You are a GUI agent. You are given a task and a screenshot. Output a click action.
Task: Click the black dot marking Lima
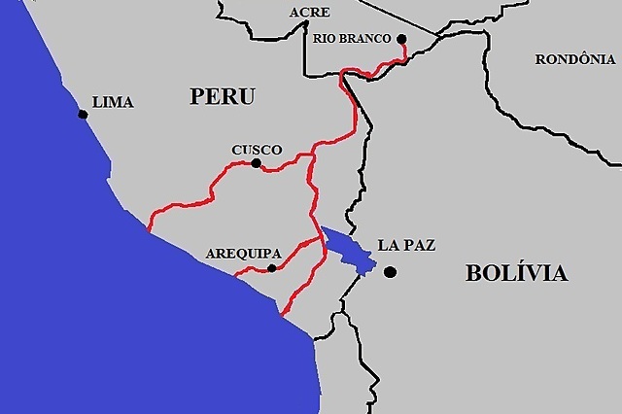[x=83, y=115]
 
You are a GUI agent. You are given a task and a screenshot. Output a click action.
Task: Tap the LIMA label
[x=112, y=102]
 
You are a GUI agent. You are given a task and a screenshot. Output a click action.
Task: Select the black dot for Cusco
[x=256, y=164]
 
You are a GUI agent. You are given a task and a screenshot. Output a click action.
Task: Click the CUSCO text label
[x=257, y=150]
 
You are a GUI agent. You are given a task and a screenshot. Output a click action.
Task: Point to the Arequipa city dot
[x=272, y=268]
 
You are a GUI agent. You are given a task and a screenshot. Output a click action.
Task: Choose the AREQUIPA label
[x=243, y=254]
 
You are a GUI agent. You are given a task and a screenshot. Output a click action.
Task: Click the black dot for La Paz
[x=389, y=272]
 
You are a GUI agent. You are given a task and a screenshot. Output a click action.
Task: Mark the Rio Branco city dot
[x=401, y=40]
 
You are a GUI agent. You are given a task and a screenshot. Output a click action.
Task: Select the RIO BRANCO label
[x=353, y=38]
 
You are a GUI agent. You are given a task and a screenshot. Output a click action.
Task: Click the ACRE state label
[x=310, y=13]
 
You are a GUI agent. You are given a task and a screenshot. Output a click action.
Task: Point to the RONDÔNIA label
[x=576, y=59]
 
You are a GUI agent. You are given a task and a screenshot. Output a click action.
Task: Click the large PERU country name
[x=223, y=96]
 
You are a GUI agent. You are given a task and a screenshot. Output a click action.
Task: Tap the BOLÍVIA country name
[x=516, y=273]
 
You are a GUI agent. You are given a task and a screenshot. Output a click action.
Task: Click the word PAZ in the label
[x=418, y=245]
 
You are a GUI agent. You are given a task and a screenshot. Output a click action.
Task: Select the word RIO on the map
[x=325, y=38]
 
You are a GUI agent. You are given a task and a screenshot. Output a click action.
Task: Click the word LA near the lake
[x=387, y=245]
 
